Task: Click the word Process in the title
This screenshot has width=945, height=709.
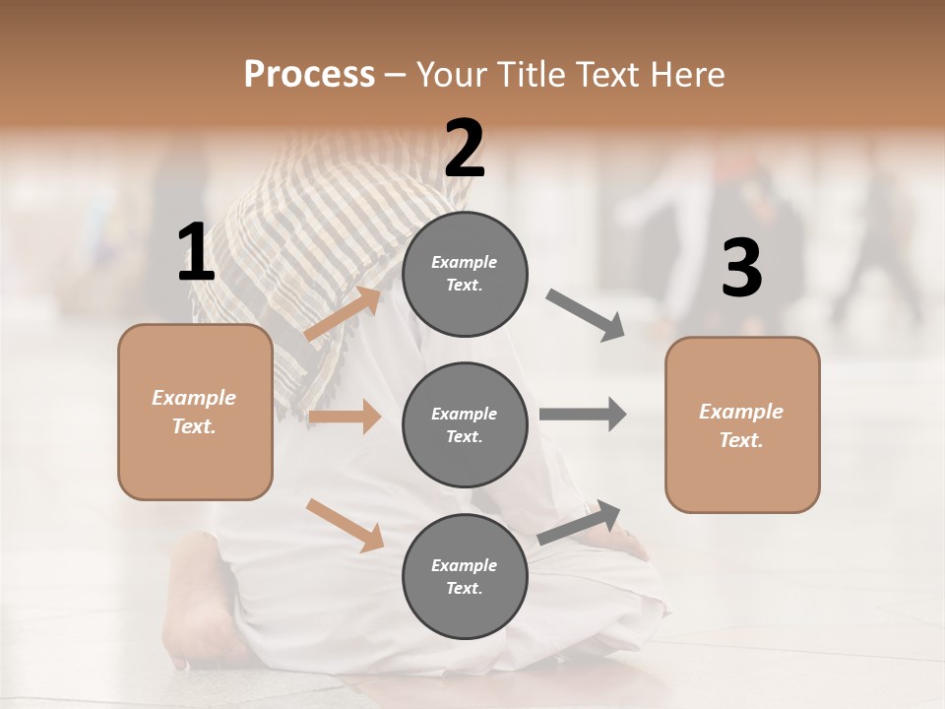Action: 309,74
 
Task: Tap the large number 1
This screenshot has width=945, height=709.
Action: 196,253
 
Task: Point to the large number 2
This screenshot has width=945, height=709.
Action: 465,149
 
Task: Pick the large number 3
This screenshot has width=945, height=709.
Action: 741,268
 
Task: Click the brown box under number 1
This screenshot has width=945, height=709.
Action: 195,412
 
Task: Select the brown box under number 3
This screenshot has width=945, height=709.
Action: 742,424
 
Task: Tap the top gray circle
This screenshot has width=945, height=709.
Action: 465,274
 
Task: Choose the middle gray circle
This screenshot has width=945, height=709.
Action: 465,424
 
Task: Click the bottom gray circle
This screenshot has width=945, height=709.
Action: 465,576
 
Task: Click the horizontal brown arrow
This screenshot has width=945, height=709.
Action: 345,417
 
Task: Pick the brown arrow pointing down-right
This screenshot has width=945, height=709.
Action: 345,524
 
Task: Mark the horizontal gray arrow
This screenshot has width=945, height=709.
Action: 583,414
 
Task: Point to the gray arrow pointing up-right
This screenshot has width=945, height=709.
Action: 580,522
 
